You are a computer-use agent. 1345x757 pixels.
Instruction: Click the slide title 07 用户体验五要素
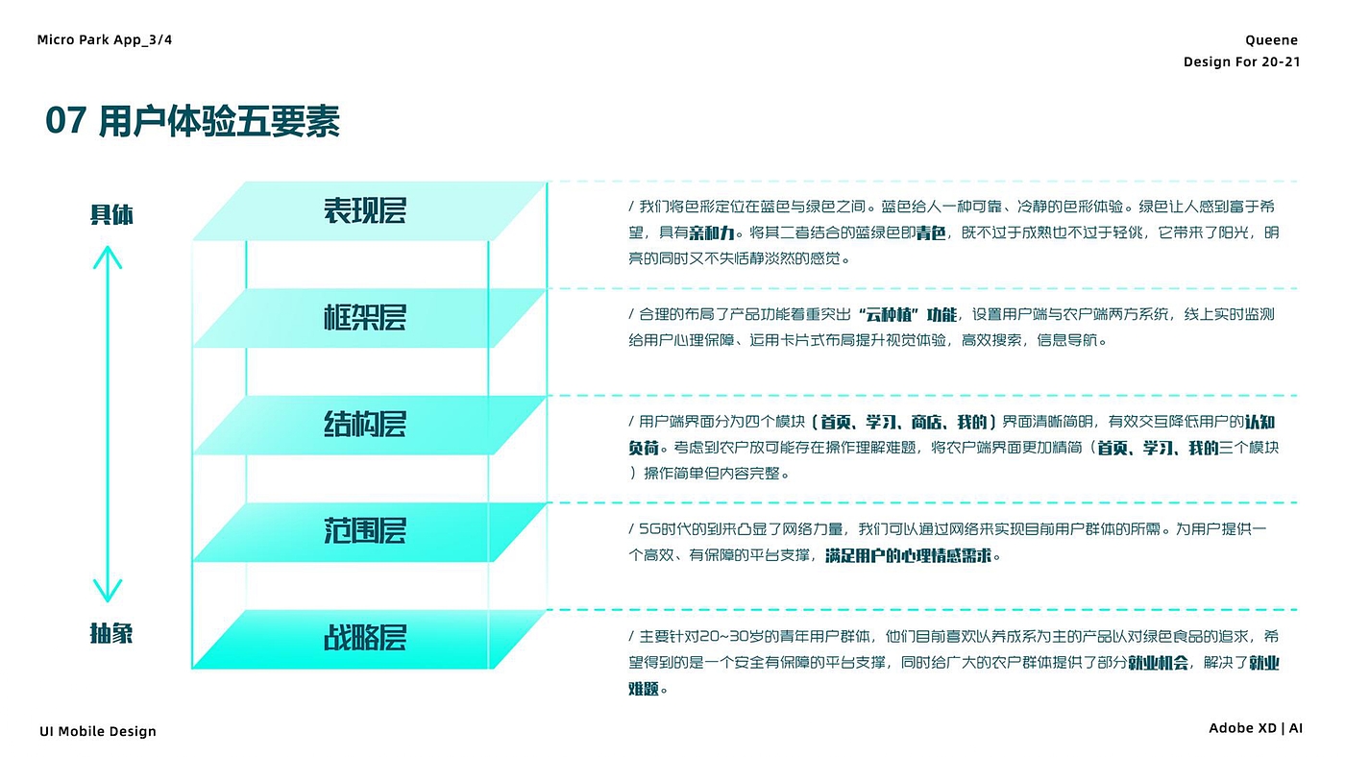(x=192, y=122)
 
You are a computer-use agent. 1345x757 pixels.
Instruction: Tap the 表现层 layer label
(x=365, y=210)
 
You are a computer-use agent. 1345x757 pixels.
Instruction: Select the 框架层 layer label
(x=365, y=317)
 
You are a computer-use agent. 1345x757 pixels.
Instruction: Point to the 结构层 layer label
(x=365, y=424)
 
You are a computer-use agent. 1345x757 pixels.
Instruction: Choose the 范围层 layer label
(x=365, y=530)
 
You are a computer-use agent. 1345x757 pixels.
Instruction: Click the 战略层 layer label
(x=365, y=638)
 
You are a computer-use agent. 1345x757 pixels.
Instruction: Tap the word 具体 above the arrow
(x=111, y=214)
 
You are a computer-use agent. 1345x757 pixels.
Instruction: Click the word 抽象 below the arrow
(x=111, y=634)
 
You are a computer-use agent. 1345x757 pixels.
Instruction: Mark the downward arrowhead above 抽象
(x=108, y=591)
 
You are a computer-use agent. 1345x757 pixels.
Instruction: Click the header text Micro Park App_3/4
(x=105, y=39)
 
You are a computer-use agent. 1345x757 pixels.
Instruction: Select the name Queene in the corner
(x=1271, y=40)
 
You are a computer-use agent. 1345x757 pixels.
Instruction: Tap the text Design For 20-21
(x=1241, y=62)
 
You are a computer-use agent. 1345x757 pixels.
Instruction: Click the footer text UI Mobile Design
(x=98, y=732)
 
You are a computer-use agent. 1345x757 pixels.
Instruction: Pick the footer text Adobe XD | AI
(x=1256, y=729)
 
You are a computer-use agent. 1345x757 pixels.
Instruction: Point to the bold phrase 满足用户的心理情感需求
(x=908, y=556)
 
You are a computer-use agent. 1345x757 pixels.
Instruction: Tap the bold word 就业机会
(x=1158, y=663)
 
